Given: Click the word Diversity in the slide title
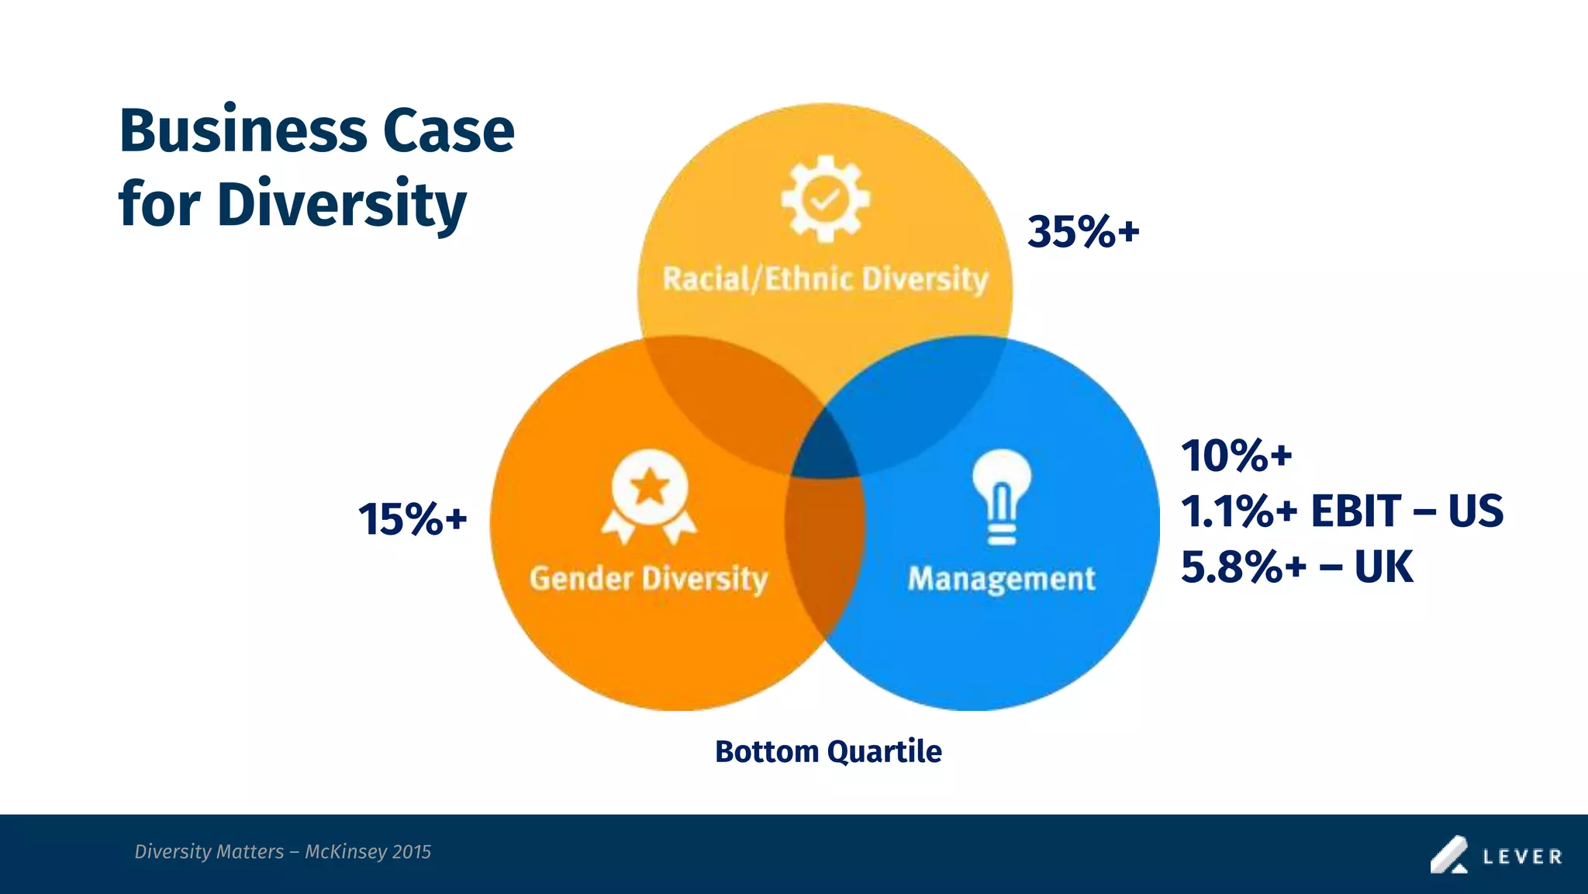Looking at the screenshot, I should click(x=341, y=205).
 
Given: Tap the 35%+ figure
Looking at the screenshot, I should click(x=1083, y=232).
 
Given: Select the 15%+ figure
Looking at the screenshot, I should click(x=413, y=519).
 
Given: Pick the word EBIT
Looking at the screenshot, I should click(x=1356, y=511).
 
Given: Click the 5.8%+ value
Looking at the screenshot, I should click(x=1243, y=567).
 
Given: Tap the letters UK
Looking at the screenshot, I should click(x=1383, y=567).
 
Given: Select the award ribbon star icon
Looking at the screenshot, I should click(x=649, y=494).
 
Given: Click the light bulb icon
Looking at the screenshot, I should click(x=1001, y=494).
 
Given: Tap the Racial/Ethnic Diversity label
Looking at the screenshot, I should click(x=825, y=279).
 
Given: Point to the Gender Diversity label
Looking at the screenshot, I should click(x=648, y=579).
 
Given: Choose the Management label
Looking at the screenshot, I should click(x=1001, y=579).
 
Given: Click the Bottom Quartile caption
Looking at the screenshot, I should click(x=828, y=751).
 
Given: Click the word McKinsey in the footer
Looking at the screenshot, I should click(x=345, y=852).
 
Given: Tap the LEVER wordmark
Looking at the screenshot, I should click(x=1522, y=857).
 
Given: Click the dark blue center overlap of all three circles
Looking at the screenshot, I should click(x=823, y=450).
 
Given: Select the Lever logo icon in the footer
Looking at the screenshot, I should click(x=1448, y=854).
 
